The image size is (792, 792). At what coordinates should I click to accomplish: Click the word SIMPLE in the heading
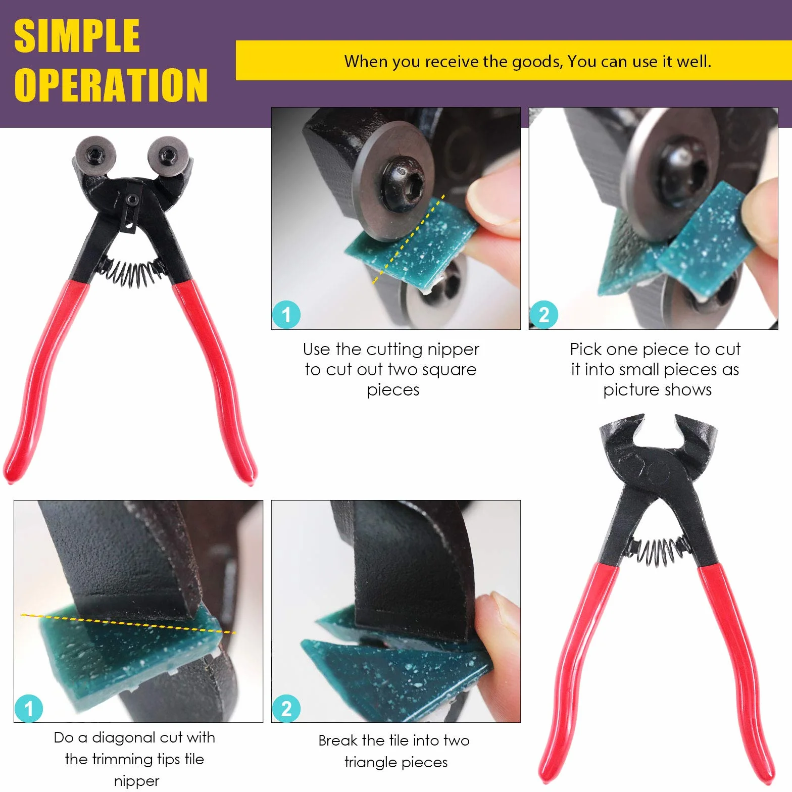(x=77, y=36)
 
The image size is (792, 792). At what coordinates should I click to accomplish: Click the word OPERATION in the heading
(x=111, y=85)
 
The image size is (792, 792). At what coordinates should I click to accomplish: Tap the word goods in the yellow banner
(x=537, y=62)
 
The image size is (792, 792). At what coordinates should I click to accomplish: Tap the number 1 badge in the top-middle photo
(x=286, y=315)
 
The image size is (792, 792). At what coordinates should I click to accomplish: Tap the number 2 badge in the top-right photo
(x=544, y=315)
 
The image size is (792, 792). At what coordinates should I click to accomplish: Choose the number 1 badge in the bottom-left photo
(x=29, y=708)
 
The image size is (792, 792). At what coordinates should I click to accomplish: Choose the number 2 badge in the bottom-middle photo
(x=286, y=708)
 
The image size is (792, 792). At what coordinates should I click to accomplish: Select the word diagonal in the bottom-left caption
(x=125, y=738)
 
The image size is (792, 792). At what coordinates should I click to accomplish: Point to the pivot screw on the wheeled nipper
(x=132, y=200)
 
